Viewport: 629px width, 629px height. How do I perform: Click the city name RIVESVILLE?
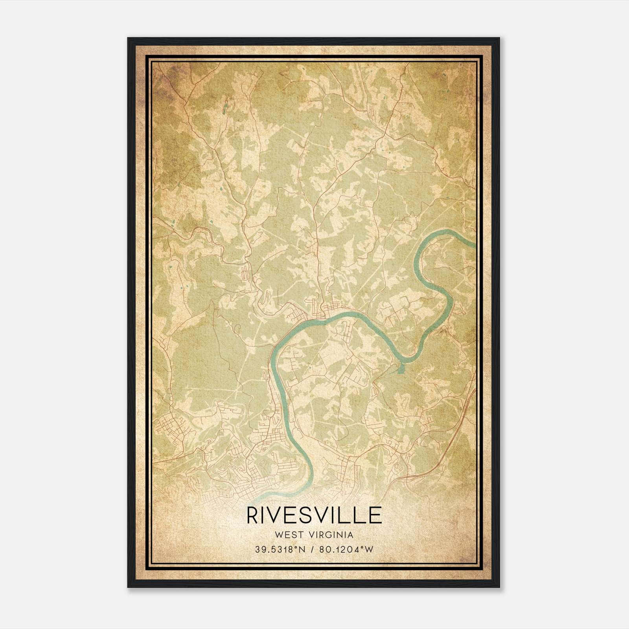point(314,515)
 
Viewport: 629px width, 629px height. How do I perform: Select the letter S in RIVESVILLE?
point(307,515)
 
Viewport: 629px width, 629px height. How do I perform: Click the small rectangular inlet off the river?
point(401,369)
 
